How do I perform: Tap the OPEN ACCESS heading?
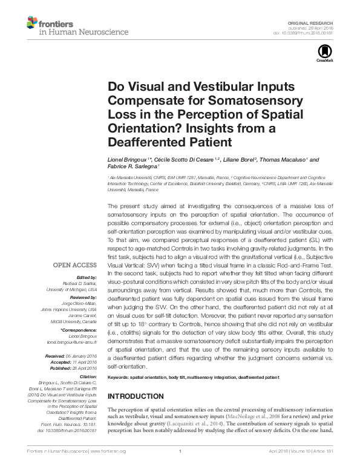(x=73, y=265)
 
